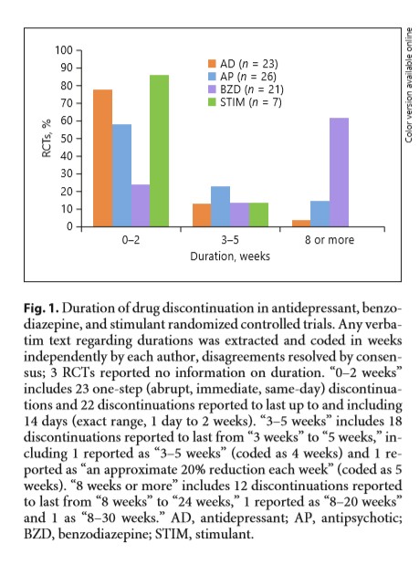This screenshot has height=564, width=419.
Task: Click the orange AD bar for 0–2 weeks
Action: pyautogui.click(x=102, y=158)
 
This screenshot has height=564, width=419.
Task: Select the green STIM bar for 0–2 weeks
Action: pyautogui.click(x=160, y=151)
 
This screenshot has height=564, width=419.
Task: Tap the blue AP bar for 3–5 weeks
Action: pyautogui.click(x=221, y=206)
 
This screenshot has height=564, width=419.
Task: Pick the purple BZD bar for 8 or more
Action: pyautogui.click(x=340, y=172)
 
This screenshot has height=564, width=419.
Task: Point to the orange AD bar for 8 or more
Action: pyautogui.click(x=301, y=224)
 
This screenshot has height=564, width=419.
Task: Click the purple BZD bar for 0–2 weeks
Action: pyautogui.click(x=141, y=205)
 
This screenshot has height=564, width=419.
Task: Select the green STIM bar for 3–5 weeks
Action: pyautogui.click(x=258, y=214)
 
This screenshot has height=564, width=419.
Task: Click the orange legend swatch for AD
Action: pyautogui.click(x=212, y=64)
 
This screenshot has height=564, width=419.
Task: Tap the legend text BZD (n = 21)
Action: pyautogui.click(x=252, y=89)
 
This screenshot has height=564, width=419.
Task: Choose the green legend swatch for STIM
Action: pyautogui.click(x=212, y=102)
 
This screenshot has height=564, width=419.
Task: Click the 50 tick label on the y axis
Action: pyautogui.click(x=67, y=139)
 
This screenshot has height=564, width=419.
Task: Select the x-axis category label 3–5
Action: pyautogui.click(x=230, y=240)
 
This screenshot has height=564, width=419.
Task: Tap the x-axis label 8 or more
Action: pyautogui.click(x=330, y=240)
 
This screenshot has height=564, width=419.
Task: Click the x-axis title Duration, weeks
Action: pyautogui.click(x=230, y=256)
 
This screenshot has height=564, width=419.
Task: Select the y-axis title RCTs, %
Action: pyautogui.click(x=47, y=139)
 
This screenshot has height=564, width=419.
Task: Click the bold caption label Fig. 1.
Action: pyautogui.click(x=41, y=308)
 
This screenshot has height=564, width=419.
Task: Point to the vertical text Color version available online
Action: pyautogui.click(x=409, y=85)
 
